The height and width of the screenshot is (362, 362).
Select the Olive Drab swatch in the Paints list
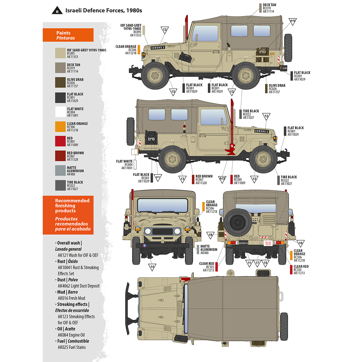coord(60,83)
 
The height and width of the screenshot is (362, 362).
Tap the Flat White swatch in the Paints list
coord(60,112)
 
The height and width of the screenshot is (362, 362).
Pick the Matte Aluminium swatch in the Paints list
coord(60,171)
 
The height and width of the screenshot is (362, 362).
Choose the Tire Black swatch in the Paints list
coord(60,186)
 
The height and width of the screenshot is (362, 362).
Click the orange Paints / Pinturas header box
coord(68,35)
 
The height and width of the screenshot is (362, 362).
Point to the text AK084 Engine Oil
coord(71,335)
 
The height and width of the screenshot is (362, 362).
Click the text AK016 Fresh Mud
coord(71,298)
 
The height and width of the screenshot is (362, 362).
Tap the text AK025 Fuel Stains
coord(72,347)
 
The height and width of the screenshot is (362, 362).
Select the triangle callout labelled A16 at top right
coord(293,21)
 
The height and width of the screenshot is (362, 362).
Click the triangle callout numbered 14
coord(152,267)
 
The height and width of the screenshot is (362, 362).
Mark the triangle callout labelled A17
coord(158,178)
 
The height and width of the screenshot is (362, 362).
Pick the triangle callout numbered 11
coord(249,263)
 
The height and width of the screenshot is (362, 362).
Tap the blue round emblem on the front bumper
coord(144,246)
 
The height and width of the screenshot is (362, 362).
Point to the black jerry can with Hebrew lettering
coord(151,138)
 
